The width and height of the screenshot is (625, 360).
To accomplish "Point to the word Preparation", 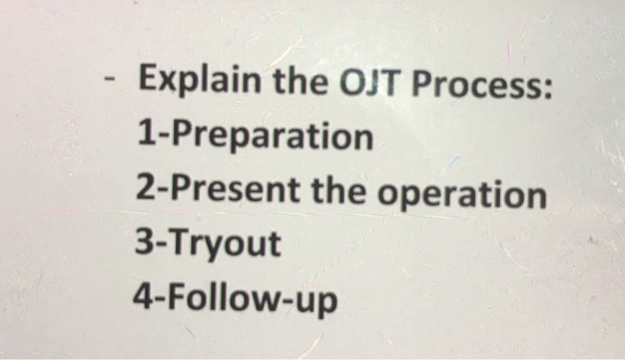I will [267, 138].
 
